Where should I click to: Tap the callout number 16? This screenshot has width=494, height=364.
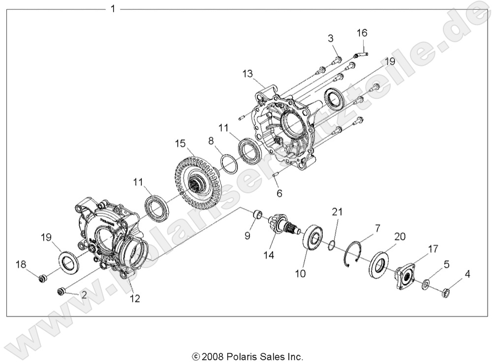[362, 33]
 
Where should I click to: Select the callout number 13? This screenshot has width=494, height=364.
[247, 74]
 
